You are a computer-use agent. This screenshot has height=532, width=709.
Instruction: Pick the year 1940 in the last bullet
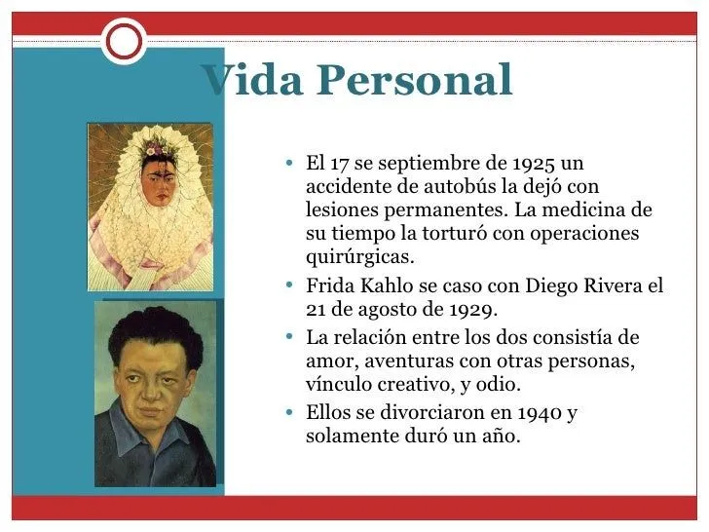click(529, 412)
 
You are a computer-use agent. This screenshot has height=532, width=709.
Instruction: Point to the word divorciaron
click(428, 412)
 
